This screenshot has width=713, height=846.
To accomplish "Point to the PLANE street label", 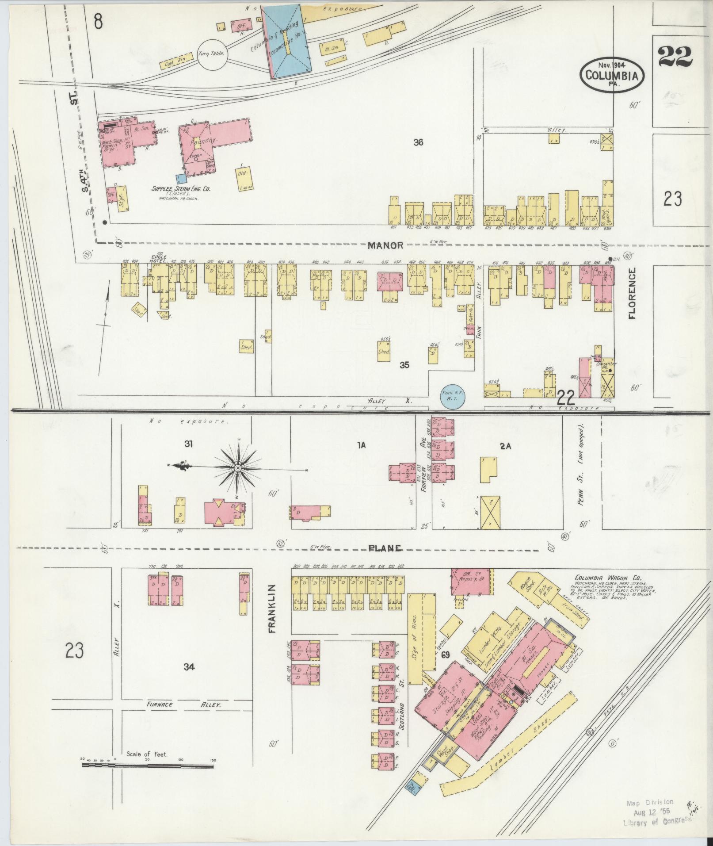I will coord(385,548).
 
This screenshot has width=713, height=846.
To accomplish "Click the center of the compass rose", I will coord(237,467).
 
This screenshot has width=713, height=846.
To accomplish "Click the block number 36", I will coord(418,142).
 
